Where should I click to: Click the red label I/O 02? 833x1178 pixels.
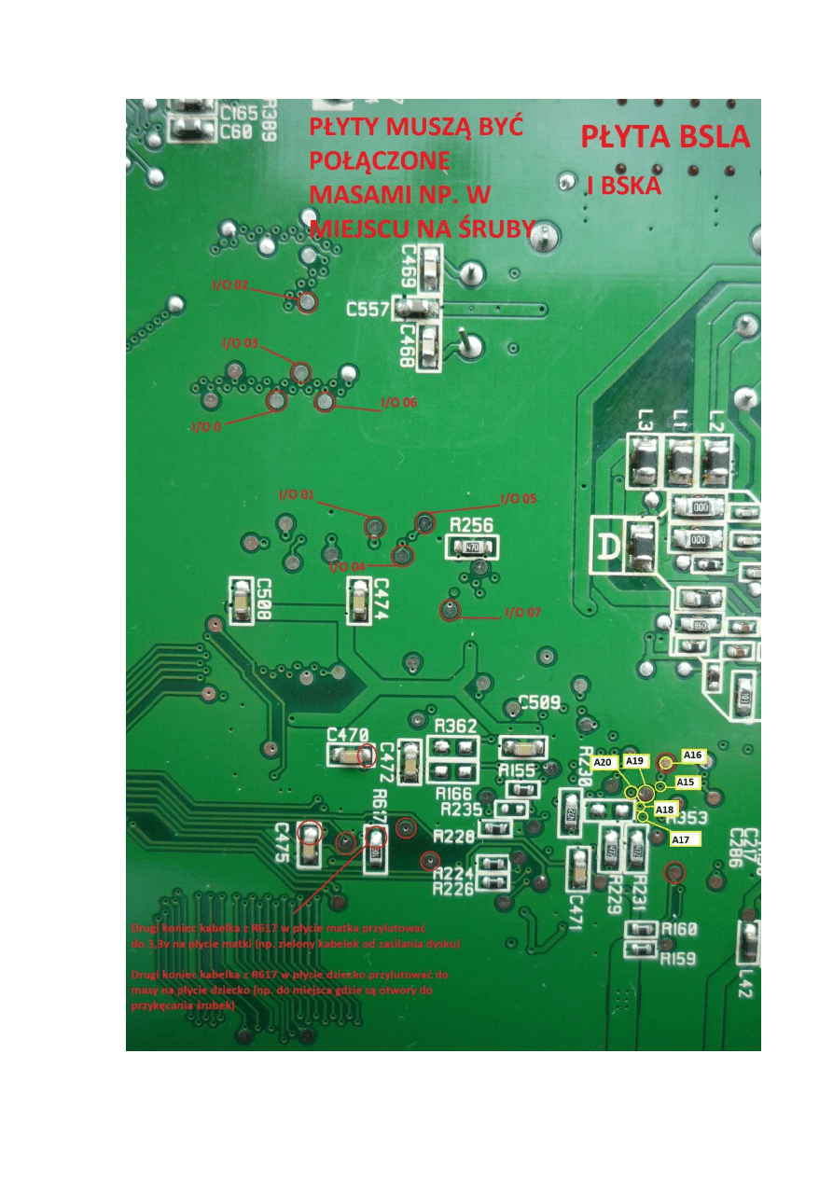[229, 284]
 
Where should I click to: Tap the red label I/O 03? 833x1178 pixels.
[240, 343]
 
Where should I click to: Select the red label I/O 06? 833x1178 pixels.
[398, 403]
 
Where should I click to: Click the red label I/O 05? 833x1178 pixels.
[519, 498]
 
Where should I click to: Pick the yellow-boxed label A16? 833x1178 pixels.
[693, 755]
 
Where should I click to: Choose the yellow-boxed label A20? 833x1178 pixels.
[604, 762]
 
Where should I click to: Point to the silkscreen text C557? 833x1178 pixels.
[368, 309]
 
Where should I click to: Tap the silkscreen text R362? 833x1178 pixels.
[456, 726]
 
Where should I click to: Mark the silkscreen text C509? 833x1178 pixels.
[538, 701]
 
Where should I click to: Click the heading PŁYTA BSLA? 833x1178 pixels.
[665, 137]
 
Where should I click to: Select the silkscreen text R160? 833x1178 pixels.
[678, 929]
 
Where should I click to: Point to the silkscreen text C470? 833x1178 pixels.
[348, 734]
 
